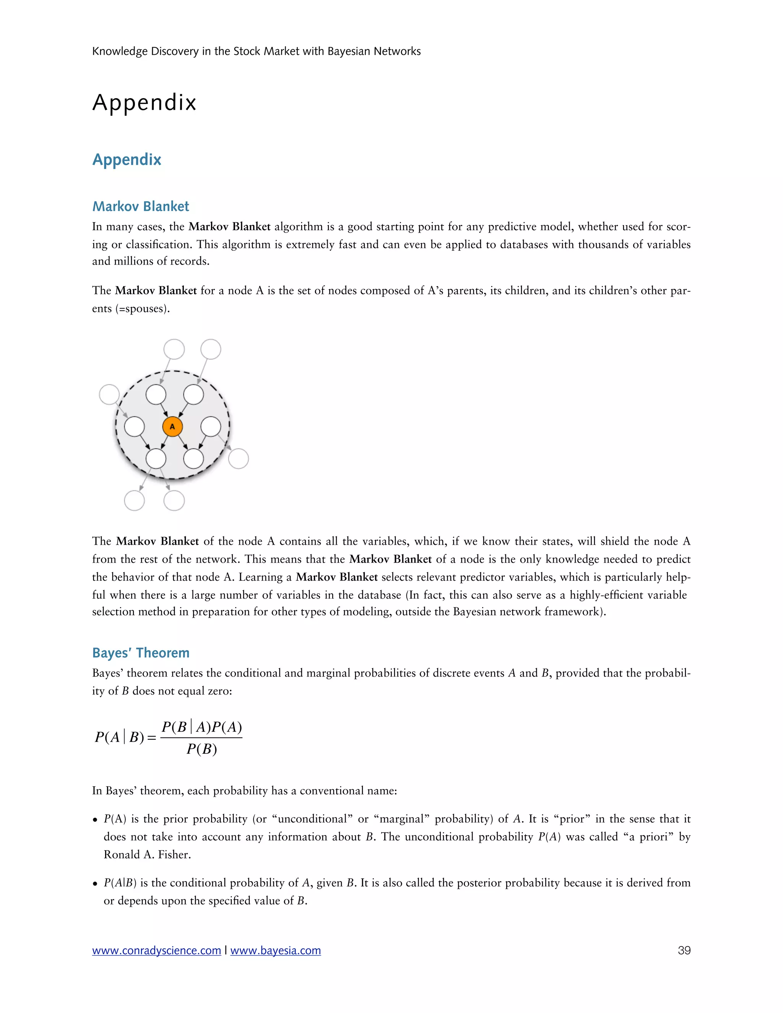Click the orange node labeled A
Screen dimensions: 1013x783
[172, 427]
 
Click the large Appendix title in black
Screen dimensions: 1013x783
[144, 102]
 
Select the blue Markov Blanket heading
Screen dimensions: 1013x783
[141, 206]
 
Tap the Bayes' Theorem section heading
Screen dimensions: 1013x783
[141, 653]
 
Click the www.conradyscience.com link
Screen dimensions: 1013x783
[156, 950]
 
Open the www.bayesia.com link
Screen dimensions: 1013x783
[276, 950]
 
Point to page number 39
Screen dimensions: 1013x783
[684, 950]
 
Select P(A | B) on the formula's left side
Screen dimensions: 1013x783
[120, 737]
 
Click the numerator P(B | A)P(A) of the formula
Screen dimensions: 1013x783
[201, 727]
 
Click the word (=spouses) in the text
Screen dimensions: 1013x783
[142, 308]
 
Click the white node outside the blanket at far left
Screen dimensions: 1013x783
[109, 394]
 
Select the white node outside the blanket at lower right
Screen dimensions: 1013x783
[239, 459]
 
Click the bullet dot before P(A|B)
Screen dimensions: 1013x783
[95, 883]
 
